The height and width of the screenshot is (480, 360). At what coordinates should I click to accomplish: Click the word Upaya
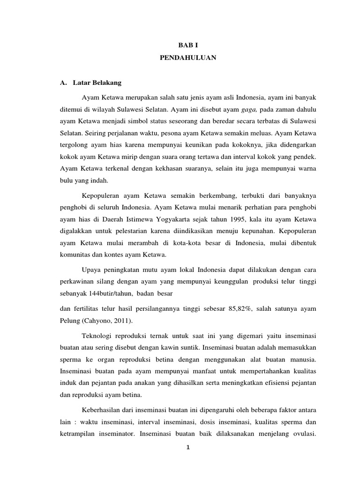coord(90,270)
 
